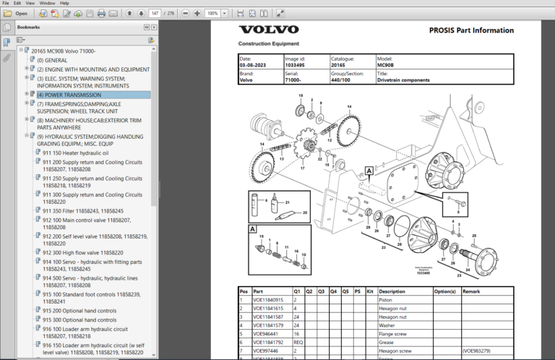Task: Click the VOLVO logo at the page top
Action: [268, 30]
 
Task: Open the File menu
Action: [7, 3]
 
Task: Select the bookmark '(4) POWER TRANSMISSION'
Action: [69, 95]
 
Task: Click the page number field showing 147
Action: [154, 13]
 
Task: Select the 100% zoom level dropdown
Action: [215, 13]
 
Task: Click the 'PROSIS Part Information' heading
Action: [470, 30]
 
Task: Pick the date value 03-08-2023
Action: [253, 65]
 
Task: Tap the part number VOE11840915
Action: [267, 299]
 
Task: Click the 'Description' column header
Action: [392, 291]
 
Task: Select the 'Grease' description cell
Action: [387, 342]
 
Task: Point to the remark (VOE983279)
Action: [479, 350]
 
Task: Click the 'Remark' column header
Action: [471, 291]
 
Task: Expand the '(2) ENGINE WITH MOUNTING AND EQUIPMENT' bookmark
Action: [27, 69]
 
